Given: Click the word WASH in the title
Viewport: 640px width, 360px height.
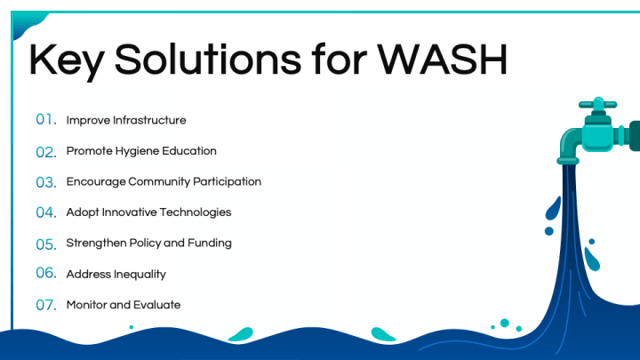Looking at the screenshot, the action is [442, 60].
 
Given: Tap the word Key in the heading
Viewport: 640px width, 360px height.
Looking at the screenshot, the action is [66, 62].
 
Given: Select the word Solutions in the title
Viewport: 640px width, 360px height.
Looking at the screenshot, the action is [208, 60].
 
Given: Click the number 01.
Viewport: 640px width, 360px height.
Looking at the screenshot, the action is [46, 119].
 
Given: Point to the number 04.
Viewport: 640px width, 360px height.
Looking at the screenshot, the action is [46, 212].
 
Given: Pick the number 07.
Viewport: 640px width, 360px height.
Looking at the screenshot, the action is [46, 305].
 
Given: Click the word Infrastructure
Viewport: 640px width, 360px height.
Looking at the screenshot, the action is [149, 120].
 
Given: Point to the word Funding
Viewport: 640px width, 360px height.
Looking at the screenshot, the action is [210, 244].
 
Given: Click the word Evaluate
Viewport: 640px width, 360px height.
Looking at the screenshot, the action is [156, 305].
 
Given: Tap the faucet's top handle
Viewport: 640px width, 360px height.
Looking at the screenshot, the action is [598, 104].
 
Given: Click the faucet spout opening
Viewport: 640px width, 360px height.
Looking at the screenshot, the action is [568, 162].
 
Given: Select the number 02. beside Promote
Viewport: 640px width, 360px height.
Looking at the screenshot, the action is [46, 152].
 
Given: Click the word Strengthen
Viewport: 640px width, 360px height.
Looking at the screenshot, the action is [96, 244].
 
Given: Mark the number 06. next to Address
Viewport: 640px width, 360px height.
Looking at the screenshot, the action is [46, 273].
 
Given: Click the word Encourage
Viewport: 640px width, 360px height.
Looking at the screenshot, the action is [96, 182].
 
